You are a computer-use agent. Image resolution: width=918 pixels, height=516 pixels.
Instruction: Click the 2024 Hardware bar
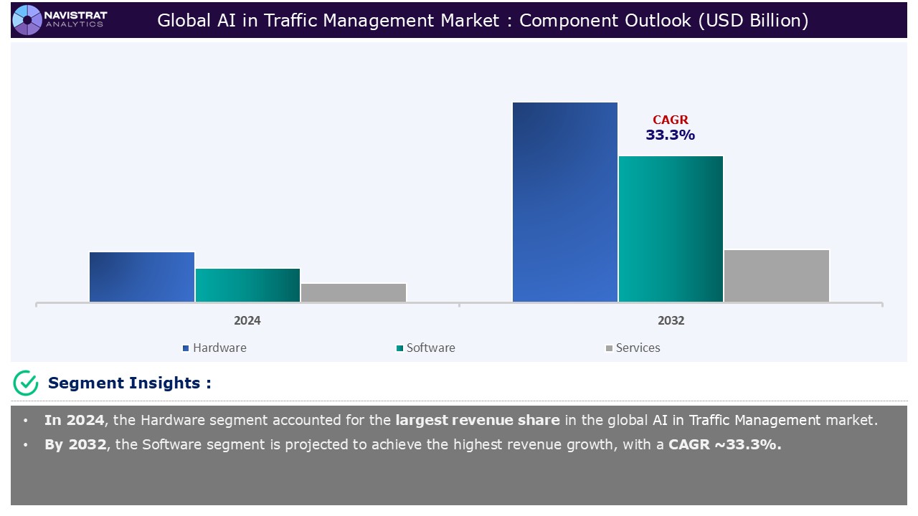click(142, 277)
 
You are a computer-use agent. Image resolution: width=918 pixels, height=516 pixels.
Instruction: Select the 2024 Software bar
click(247, 285)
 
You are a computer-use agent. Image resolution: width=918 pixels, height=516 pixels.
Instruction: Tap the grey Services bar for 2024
click(354, 292)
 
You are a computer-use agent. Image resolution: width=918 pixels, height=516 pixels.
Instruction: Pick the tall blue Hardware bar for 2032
click(565, 202)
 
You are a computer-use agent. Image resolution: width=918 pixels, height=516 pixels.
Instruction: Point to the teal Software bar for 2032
click(671, 229)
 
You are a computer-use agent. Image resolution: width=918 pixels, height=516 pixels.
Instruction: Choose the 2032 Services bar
click(777, 276)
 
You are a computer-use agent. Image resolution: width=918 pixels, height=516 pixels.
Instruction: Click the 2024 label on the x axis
click(247, 320)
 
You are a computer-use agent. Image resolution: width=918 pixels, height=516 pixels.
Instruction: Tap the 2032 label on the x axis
click(671, 320)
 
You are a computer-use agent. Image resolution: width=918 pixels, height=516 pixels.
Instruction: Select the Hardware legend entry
click(214, 348)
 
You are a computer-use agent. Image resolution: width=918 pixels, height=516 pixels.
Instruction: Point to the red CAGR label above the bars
click(671, 120)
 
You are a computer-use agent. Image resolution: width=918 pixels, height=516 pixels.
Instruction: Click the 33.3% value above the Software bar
click(671, 135)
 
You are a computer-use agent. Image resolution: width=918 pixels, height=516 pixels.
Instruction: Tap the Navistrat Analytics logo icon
click(27, 19)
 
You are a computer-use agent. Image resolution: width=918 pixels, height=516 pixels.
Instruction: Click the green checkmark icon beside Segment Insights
click(26, 383)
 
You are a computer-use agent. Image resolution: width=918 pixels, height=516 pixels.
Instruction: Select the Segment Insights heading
click(130, 383)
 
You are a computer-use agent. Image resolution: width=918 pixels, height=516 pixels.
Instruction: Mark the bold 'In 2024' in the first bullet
click(74, 420)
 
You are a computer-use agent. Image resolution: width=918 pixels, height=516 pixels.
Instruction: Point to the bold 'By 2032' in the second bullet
click(75, 444)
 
